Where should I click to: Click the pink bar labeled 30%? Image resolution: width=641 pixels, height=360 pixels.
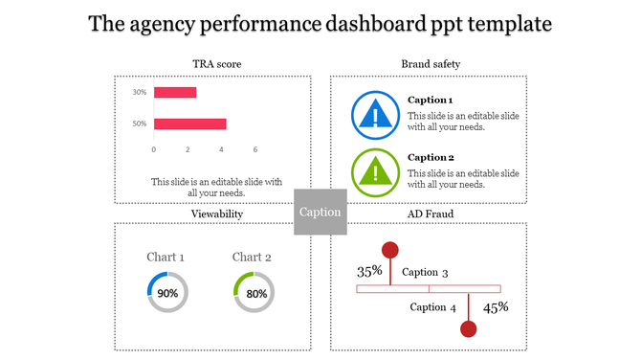[x=175, y=93]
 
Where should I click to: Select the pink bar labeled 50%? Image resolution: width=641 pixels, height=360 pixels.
[x=189, y=124]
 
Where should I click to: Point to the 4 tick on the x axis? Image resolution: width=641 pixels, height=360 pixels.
[x=222, y=149]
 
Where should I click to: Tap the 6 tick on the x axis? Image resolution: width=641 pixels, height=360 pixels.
[x=255, y=149]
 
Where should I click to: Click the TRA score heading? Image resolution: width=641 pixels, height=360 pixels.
[x=216, y=64]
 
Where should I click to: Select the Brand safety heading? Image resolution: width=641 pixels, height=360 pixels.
[x=431, y=64]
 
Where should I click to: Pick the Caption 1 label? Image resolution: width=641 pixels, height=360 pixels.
[x=431, y=100]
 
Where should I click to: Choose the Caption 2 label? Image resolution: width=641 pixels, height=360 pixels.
[x=431, y=157]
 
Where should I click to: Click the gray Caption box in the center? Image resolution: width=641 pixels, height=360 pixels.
[x=320, y=212]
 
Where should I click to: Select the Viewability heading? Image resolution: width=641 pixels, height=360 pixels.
[x=216, y=214]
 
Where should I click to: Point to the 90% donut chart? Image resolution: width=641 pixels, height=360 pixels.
[x=167, y=293]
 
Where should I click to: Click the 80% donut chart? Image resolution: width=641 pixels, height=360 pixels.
[x=254, y=293]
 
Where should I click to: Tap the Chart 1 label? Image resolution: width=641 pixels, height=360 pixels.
[x=166, y=257]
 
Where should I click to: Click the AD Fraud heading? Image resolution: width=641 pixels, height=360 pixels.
[x=431, y=214]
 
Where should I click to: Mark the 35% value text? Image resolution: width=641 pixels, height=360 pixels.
[x=369, y=271]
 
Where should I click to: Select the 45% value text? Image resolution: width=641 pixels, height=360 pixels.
[x=496, y=307]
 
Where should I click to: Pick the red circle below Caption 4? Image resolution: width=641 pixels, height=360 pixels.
[x=469, y=329]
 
